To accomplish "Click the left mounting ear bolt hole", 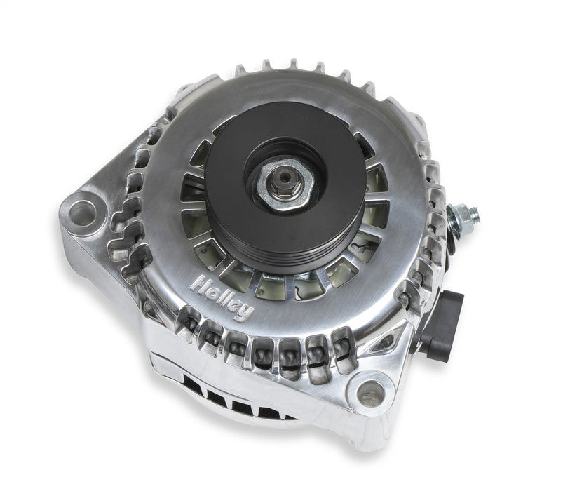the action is [x=82, y=213].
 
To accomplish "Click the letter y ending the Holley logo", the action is [x=245, y=311].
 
